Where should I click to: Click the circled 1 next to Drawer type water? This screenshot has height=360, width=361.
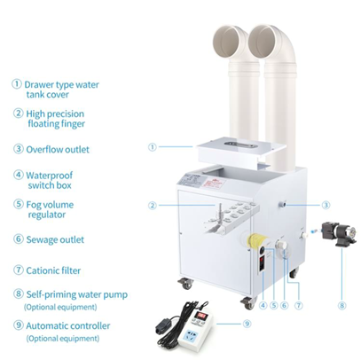17,84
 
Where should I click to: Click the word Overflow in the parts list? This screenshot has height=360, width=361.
44,149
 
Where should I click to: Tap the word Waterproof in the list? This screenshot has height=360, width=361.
49,176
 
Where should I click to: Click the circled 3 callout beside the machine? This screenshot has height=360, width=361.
326,205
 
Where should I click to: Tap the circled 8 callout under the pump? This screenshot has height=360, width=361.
341,305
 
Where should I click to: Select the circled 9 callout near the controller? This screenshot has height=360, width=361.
247,324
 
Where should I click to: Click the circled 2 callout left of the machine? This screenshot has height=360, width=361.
153,205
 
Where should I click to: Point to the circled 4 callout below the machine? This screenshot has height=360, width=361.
263,305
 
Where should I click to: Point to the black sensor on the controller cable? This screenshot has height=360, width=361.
164,326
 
